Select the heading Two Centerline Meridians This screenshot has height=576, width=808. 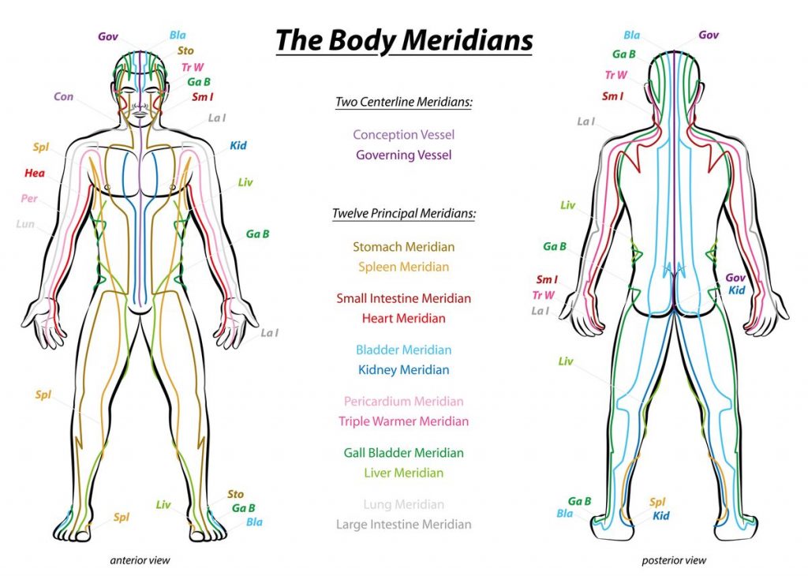click(403, 102)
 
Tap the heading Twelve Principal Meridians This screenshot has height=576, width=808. click(404, 213)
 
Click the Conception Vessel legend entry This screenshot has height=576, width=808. click(403, 135)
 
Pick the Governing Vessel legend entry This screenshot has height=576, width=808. click(403, 155)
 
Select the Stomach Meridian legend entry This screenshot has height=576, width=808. click(403, 247)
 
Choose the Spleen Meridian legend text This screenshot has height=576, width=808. click(403, 267)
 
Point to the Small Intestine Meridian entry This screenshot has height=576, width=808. click(403, 298)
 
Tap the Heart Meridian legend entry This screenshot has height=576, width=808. click(403, 319)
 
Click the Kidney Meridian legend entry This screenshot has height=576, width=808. click(403, 370)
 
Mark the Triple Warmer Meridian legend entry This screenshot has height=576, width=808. click(403, 421)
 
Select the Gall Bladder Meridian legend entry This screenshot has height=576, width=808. click(403, 453)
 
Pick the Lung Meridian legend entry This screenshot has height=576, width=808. click(403, 504)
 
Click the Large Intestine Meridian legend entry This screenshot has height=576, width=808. click(403, 525)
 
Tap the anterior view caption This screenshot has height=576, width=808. click(140, 560)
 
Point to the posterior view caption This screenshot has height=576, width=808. click(674, 560)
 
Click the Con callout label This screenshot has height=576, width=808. click(63, 97)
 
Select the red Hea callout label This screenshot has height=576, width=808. click(35, 173)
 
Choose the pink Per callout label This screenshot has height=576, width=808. click(29, 198)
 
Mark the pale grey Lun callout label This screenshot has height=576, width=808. click(25, 224)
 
